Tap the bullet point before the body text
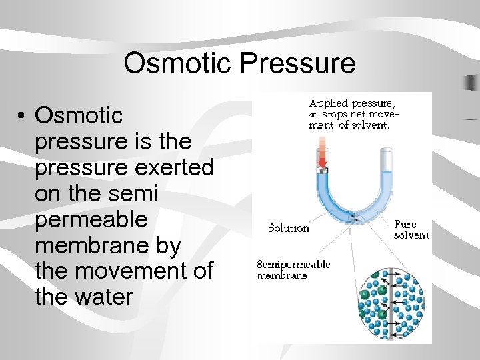23,117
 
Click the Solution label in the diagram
289,228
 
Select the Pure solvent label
411,230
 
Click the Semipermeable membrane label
293,270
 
